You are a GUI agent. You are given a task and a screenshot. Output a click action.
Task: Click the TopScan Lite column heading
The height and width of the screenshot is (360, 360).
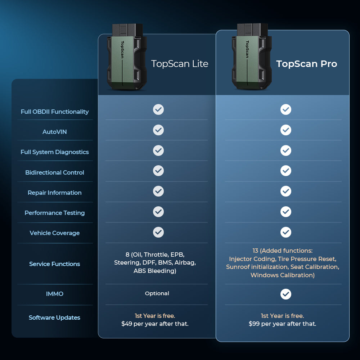(x=180, y=64)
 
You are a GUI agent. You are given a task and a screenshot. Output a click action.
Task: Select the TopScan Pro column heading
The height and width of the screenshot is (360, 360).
(x=306, y=64)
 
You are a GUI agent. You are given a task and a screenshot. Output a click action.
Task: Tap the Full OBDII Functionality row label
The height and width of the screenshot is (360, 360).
(x=55, y=112)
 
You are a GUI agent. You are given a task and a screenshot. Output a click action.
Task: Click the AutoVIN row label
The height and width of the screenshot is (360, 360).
(x=55, y=132)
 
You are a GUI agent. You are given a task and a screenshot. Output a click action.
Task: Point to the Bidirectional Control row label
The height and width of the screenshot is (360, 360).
(x=55, y=172)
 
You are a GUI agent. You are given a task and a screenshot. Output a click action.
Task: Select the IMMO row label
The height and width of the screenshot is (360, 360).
(x=55, y=294)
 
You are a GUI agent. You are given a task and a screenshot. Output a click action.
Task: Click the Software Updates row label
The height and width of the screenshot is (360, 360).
(x=55, y=318)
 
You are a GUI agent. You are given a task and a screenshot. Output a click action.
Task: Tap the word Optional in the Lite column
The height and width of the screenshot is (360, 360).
(x=157, y=293)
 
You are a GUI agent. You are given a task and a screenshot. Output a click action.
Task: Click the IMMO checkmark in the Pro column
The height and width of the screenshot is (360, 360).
(x=286, y=294)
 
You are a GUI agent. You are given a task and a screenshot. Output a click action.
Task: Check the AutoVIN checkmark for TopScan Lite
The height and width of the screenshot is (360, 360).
(x=158, y=130)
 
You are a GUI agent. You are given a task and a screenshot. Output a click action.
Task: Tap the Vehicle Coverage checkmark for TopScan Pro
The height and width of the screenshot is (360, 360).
(x=286, y=232)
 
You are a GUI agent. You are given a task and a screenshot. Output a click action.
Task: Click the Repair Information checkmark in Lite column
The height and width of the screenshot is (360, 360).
(x=158, y=191)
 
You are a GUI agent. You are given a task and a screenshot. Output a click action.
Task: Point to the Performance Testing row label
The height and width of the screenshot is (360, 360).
(x=55, y=213)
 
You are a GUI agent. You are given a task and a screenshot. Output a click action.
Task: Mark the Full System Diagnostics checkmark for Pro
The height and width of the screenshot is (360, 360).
(x=286, y=150)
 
